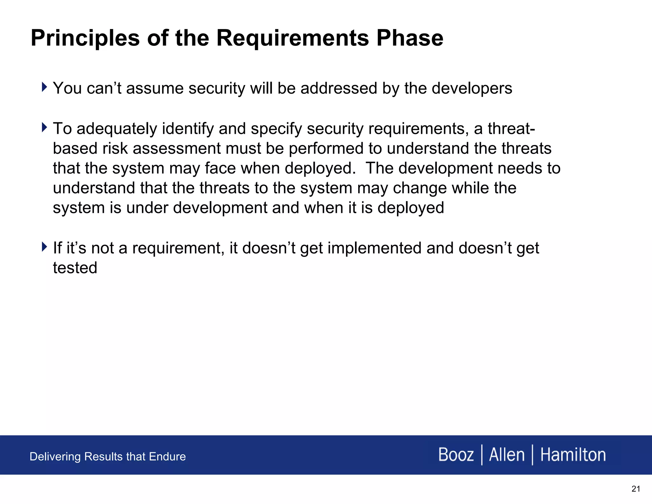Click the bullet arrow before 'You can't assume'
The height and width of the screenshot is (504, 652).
coord(44,87)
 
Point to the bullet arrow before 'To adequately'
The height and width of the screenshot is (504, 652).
coord(44,127)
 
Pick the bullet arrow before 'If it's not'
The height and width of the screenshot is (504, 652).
coord(44,247)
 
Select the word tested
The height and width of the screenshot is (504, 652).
coord(75,268)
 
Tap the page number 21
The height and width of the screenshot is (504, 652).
coord(635,489)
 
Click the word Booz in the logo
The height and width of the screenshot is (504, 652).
coord(456,455)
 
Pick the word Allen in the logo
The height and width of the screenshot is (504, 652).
coord(507,455)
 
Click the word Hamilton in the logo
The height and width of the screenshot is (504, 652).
coord(573,455)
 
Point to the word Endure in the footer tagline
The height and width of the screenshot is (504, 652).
coord(167,457)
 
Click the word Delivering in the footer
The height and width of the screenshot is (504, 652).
coord(55,457)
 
